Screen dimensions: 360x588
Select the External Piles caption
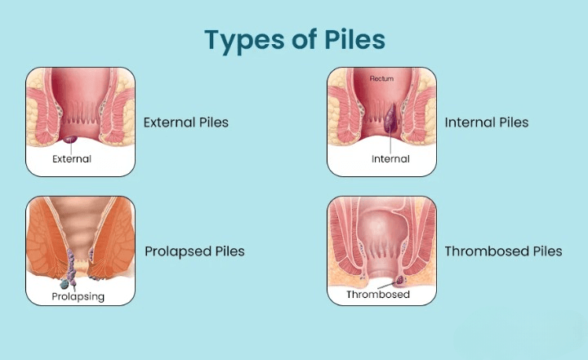pos(186,122)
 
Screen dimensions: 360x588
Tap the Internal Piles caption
pos(487,122)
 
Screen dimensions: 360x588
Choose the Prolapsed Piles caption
pos(194,251)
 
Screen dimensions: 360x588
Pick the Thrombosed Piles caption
pos(503,251)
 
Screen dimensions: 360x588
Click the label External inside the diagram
pos(72,159)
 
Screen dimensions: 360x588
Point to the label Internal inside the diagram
pos(390,159)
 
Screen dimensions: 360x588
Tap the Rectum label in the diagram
pos(381,79)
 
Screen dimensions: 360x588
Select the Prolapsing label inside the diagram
pos(78,296)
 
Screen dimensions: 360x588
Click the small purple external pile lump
pos(72,140)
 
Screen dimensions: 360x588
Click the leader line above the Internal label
pos(391,144)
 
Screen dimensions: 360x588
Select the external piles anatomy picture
pos(80,121)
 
